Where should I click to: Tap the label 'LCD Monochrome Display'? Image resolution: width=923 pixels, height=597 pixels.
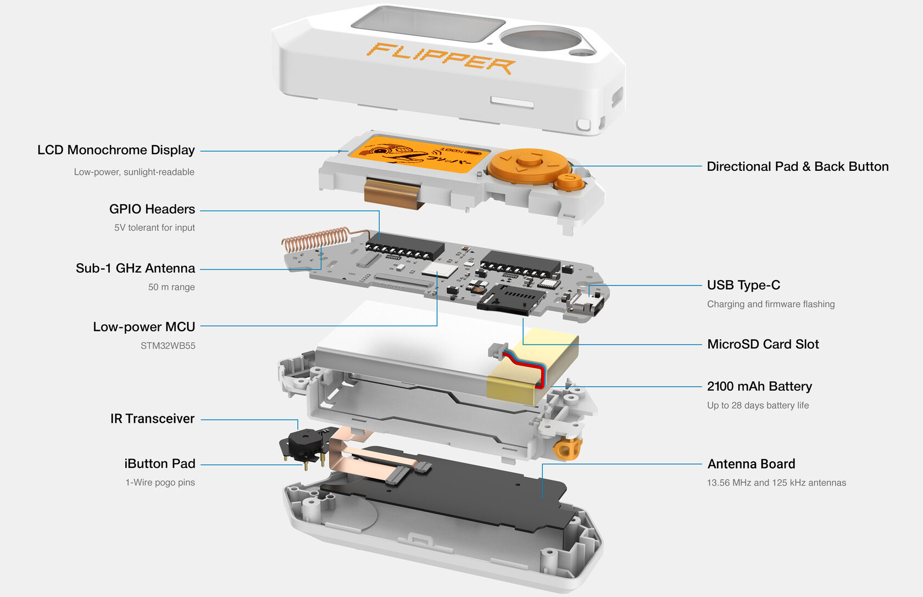[116, 150]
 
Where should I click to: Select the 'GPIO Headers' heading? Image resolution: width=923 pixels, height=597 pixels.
[152, 209]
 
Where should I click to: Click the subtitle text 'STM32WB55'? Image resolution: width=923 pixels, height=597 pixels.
[168, 346]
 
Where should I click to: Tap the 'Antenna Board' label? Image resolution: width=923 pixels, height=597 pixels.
[751, 464]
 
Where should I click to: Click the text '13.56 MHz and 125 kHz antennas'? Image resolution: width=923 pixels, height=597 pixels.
[776, 483]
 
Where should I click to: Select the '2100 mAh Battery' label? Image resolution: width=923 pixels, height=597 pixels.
[759, 387]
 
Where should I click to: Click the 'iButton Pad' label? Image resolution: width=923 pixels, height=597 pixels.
[160, 464]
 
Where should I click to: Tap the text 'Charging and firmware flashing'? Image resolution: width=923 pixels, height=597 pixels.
[771, 304]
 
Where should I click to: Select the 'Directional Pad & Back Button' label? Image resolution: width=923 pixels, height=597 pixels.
[797, 166]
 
